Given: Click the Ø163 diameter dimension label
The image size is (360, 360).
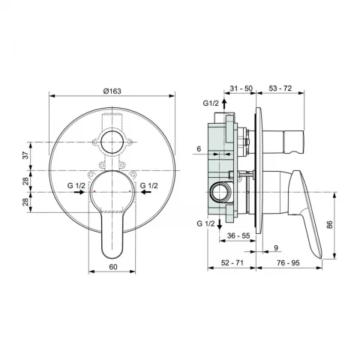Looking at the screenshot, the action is click(x=112, y=91).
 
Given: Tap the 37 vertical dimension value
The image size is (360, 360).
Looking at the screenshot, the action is click(x=26, y=155).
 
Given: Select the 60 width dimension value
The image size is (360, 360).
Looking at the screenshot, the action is click(x=113, y=267).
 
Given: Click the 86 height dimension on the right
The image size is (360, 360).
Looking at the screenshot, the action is click(x=330, y=224).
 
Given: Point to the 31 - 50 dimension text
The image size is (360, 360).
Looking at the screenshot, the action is click(x=241, y=88).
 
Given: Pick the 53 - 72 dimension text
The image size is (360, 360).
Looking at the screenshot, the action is click(x=280, y=88).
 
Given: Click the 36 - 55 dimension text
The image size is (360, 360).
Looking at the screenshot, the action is click(x=238, y=235).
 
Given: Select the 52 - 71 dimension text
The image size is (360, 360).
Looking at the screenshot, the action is click(x=232, y=262).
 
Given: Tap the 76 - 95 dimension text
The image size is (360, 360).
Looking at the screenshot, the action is click(x=288, y=262).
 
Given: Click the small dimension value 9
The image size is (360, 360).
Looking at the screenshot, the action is click(x=276, y=248).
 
